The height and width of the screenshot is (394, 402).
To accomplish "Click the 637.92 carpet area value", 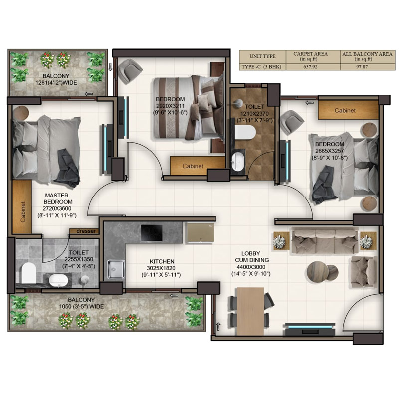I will (310, 67).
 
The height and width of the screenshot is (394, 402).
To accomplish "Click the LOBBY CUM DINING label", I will (252, 260).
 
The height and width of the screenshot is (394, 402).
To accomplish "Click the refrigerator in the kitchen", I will (200, 233).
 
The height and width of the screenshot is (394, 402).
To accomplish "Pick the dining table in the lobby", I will (249, 311).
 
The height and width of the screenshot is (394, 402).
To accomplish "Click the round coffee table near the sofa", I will (318, 273).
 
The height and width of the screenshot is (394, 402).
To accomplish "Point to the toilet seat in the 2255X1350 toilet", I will (28, 273).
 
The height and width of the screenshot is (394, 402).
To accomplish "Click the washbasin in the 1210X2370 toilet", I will (238, 161).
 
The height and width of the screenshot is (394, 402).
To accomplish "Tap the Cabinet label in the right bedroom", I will (345, 110).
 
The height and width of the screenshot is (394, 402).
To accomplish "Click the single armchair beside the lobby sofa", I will (363, 271).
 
